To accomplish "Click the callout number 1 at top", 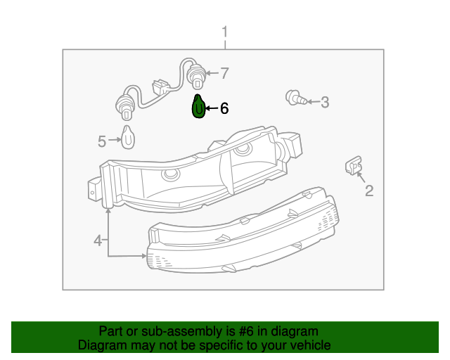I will (225, 32).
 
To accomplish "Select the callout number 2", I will (368, 190).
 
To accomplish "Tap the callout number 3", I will (324, 103).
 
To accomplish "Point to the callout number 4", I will (98, 241).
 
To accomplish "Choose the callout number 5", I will (102, 142).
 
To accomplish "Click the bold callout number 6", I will (224, 108).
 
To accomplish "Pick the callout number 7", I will (225, 72).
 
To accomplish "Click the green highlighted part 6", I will (199, 108).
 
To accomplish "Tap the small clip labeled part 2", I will (352, 165).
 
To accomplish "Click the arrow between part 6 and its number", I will (212, 108).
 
